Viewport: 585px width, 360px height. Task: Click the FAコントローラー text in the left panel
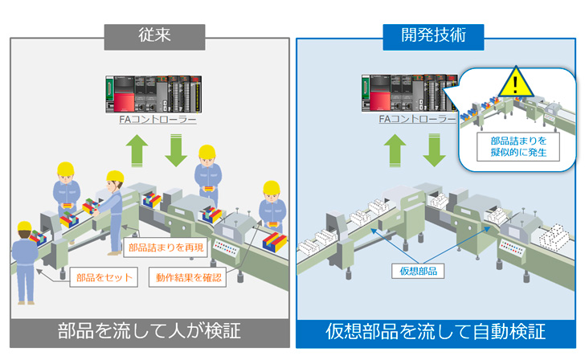(152, 119)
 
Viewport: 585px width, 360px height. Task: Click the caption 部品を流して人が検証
(149, 331)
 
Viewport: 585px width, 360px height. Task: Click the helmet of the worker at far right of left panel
(272, 188)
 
